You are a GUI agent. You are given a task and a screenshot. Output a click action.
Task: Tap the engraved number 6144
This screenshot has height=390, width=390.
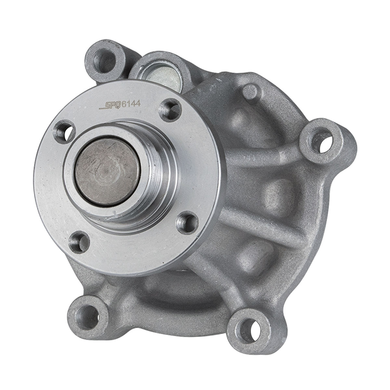(x=131, y=104)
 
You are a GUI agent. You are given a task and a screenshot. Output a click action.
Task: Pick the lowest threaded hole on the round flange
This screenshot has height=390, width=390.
(x=79, y=243)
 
